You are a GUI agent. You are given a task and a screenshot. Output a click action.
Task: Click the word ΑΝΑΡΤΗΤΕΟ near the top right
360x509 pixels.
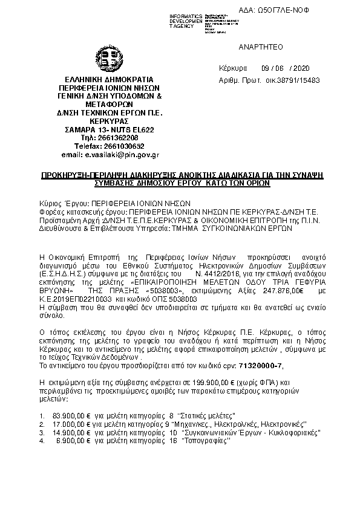261,47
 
